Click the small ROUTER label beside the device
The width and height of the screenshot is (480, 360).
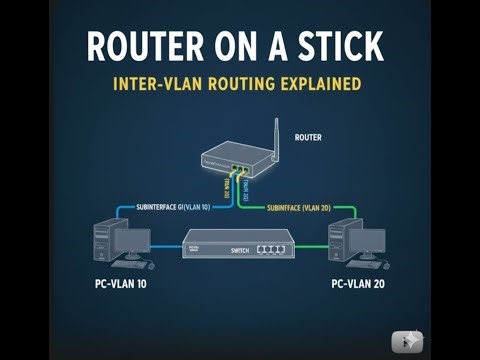308,137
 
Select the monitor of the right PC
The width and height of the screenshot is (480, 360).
368,242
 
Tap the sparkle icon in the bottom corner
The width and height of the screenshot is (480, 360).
408,340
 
